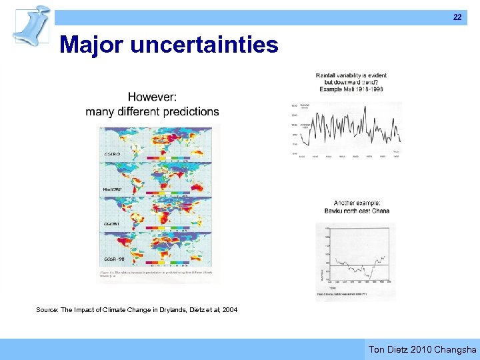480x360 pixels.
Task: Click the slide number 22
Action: pos(457,17)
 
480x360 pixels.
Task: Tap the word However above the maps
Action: pos(152,98)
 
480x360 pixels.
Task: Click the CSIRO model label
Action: pos(111,154)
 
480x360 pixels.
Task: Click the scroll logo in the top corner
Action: pos(31,25)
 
